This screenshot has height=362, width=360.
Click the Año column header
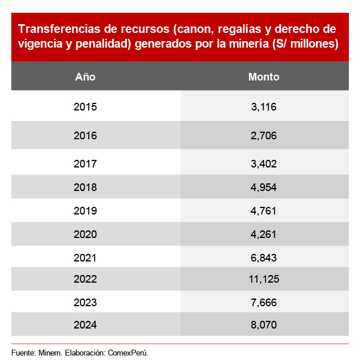pos(85,77)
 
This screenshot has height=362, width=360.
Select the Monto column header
pos(264,77)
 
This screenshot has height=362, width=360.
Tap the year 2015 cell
pos(85,107)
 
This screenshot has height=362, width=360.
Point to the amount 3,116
pos(264,107)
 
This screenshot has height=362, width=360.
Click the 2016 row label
pos(85,136)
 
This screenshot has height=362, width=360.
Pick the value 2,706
pos(264,136)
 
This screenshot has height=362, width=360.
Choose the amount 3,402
pos(264,164)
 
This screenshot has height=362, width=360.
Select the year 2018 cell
pos(85,187)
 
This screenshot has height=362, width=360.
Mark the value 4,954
pos(264,187)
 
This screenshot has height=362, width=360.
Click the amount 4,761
pos(264,210)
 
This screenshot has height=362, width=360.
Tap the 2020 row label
pos(85,234)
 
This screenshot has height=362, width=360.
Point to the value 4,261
pos(264,234)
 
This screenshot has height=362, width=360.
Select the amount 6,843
pos(264,257)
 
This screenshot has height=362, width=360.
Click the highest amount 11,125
pos(264,280)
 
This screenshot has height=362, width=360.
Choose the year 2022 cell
pos(85,280)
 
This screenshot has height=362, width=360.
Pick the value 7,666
pos(264,303)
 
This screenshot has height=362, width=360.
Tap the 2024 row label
pos(85,324)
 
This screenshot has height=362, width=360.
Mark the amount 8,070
pos(264,324)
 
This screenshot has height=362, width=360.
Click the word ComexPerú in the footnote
pos(127,353)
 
